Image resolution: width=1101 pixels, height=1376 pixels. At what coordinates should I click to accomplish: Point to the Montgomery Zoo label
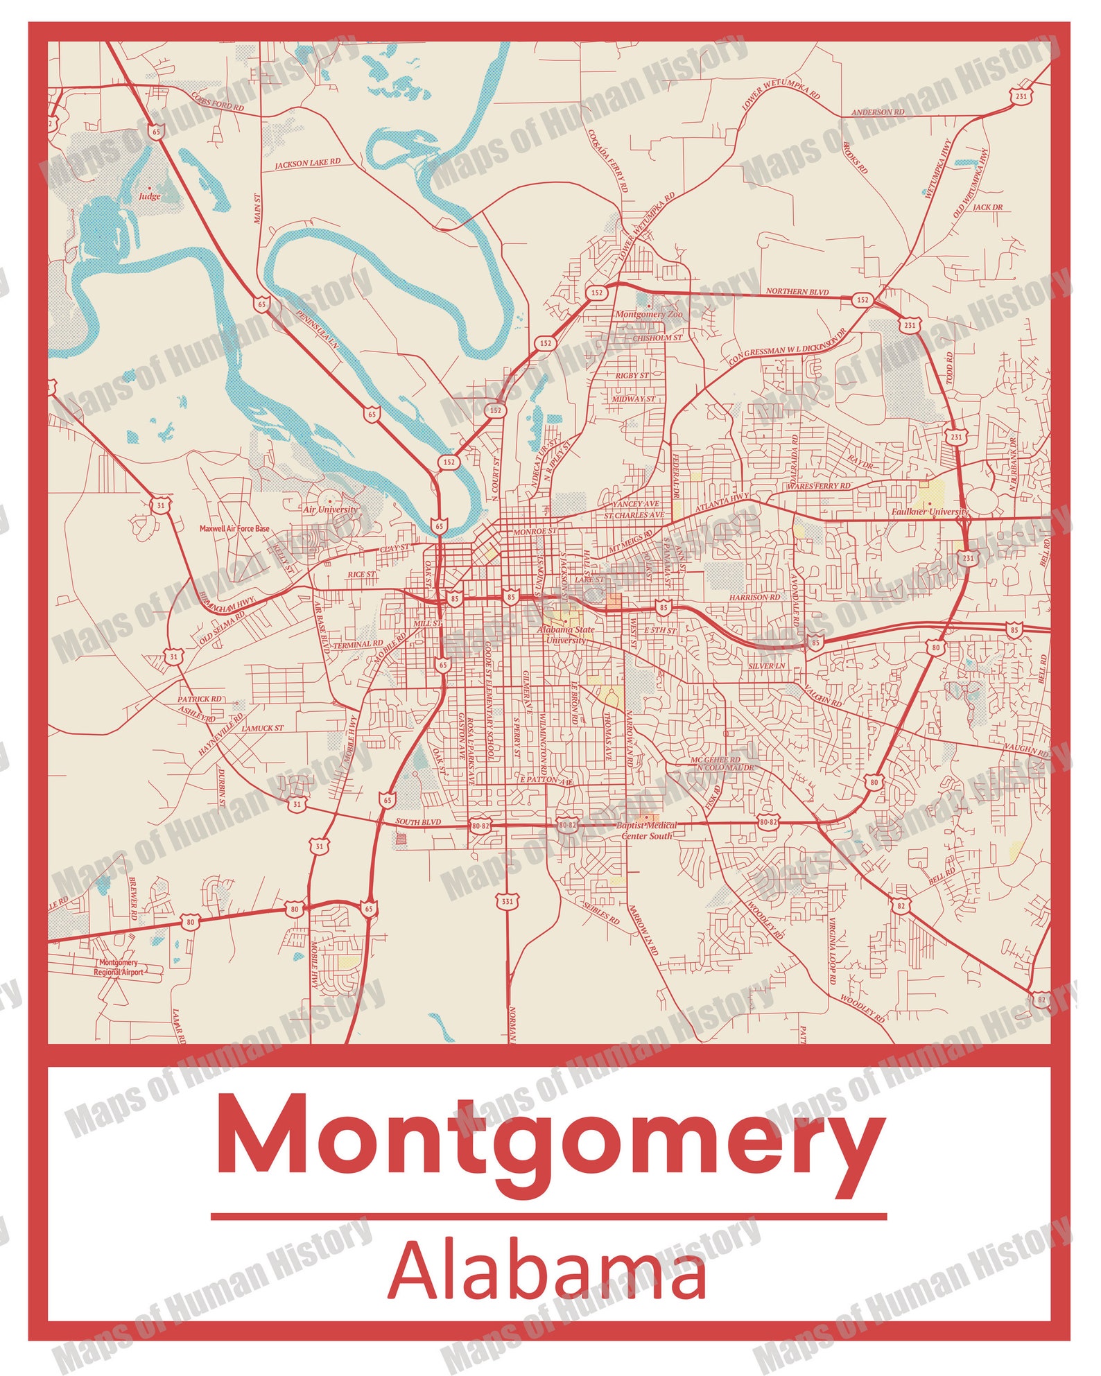(648, 314)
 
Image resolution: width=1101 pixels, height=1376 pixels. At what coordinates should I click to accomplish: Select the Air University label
(330, 510)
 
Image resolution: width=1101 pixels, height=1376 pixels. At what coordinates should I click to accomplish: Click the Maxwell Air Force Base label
(234, 528)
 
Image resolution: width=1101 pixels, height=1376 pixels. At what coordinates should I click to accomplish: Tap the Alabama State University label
(566, 635)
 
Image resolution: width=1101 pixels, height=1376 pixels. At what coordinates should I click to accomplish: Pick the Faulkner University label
(929, 512)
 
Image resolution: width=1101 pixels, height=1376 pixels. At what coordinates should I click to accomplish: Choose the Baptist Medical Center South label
(647, 830)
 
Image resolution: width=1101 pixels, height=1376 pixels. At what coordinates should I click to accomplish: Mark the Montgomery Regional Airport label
(119, 967)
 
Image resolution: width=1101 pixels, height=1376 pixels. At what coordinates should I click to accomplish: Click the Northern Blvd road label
(797, 292)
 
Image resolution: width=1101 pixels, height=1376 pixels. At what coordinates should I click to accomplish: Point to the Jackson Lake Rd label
(308, 164)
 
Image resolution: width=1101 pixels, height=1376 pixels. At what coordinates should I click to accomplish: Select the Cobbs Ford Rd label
(218, 102)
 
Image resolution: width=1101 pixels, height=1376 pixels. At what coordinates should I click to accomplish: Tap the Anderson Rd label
(877, 112)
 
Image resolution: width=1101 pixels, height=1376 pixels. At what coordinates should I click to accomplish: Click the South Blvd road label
(418, 822)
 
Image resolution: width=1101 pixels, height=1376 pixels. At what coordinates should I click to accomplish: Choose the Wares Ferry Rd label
(818, 486)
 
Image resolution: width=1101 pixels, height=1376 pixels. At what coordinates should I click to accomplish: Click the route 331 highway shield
(508, 901)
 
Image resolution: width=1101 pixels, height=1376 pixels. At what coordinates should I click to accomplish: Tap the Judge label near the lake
(149, 196)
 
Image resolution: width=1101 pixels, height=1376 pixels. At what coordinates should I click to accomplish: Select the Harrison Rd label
(754, 597)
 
